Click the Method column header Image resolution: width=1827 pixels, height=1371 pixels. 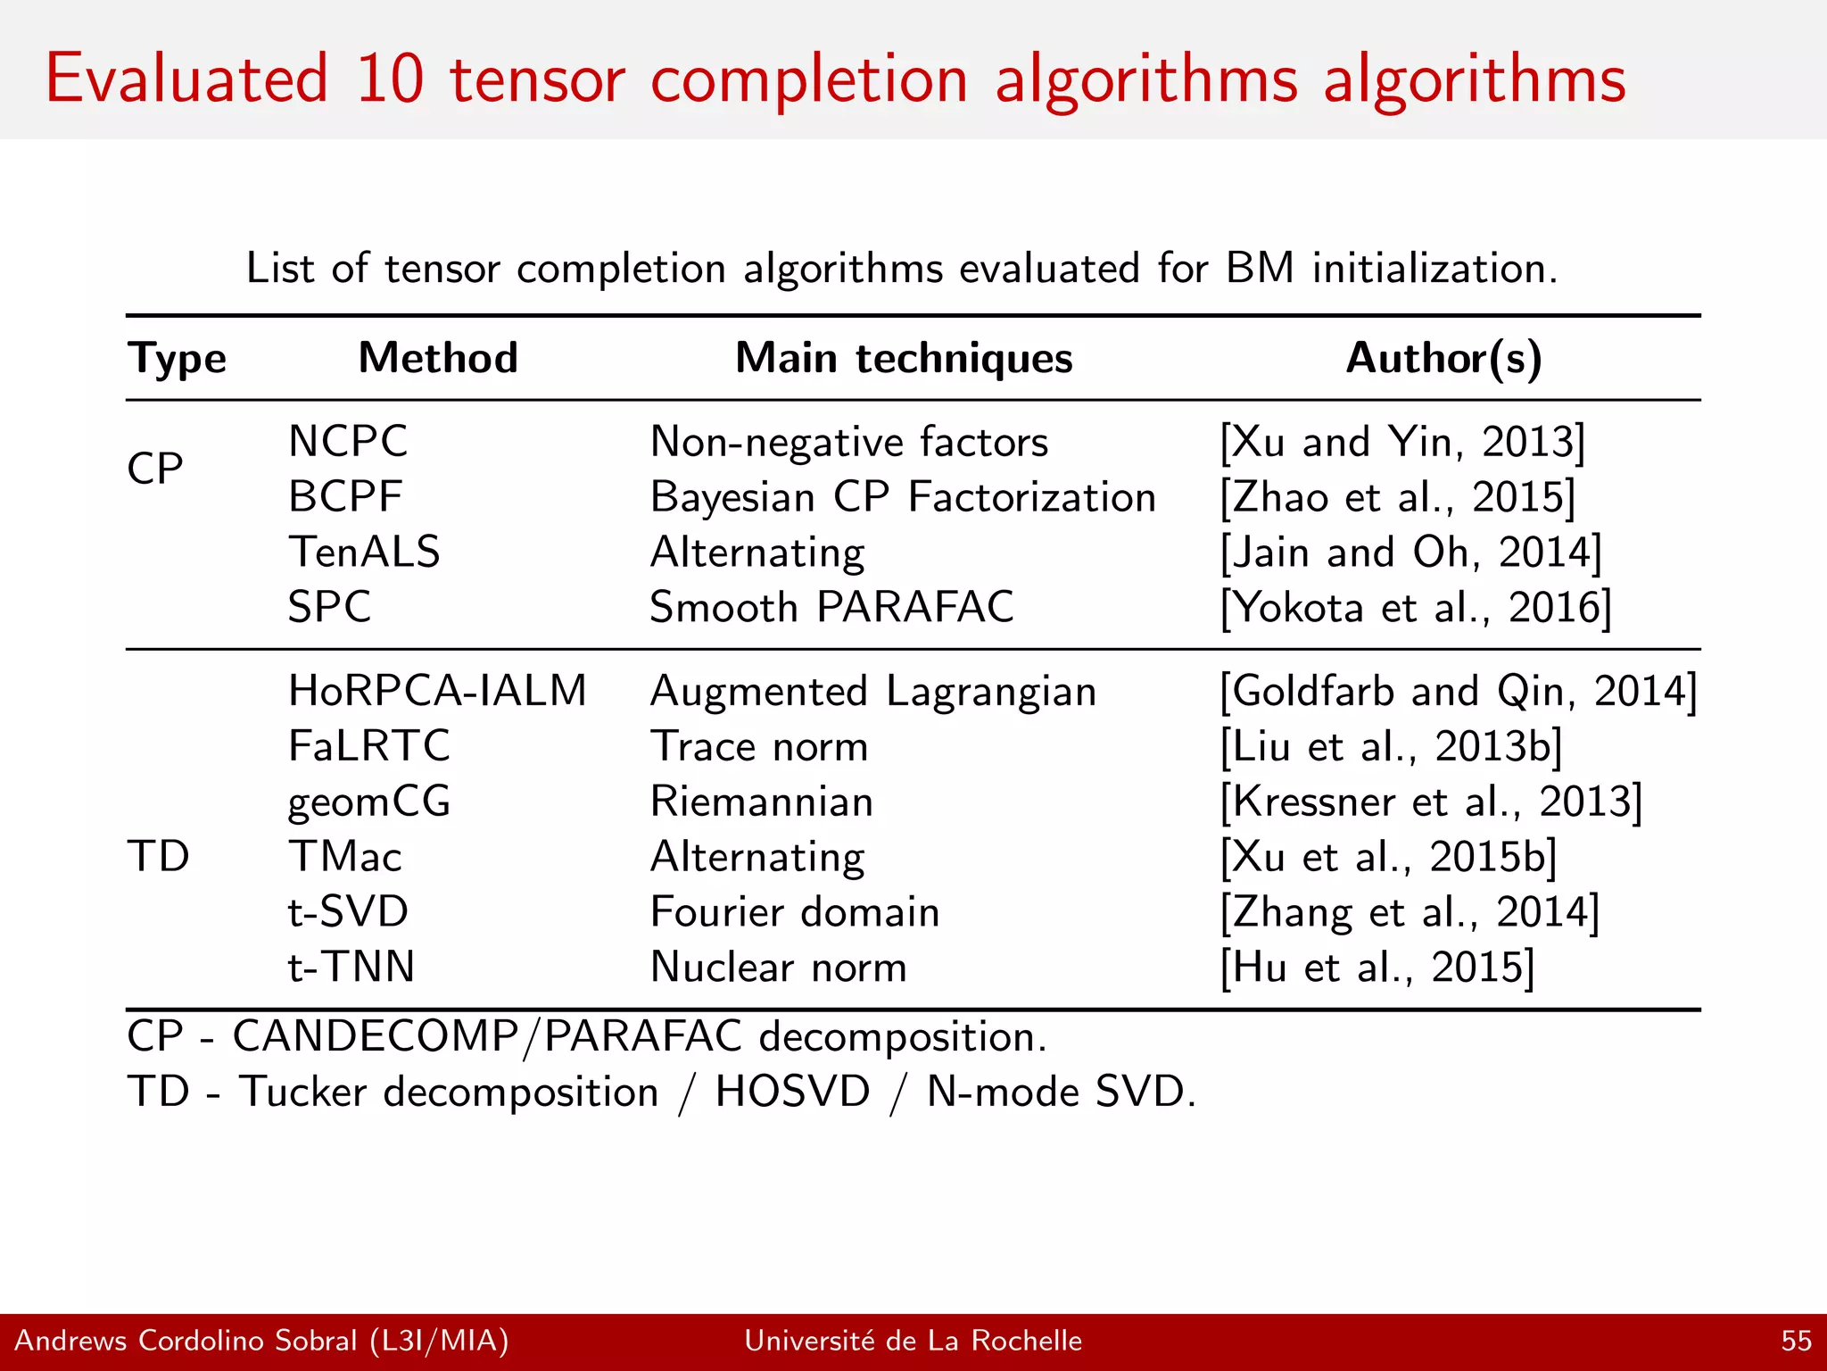point(438,358)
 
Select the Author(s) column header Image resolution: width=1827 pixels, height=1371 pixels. point(1443,358)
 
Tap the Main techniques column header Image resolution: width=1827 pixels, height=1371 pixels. point(904,358)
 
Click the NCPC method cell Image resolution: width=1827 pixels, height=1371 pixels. point(348,441)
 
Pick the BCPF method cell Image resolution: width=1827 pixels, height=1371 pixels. point(345,496)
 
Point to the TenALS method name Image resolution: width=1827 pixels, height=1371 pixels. point(364,552)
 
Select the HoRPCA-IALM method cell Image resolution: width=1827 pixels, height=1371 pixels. point(437,691)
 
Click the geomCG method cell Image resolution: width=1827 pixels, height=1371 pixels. point(368,801)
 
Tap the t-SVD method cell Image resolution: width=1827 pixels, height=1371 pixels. point(348,911)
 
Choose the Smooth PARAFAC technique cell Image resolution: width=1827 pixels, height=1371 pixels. point(831,607)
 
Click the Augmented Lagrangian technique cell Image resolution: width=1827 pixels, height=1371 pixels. point(872,691)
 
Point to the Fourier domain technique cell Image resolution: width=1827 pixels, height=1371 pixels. point(794,911)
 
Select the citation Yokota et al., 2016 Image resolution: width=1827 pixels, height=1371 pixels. point(1416,607)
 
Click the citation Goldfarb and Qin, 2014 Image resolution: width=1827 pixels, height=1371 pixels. point(1458,691)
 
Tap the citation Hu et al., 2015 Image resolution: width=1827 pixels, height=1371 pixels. point(1377,967)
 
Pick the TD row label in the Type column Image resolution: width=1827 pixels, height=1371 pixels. point(158,856)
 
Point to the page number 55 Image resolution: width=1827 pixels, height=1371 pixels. point(1796,1341)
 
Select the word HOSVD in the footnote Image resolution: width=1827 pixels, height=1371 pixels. point(792,1091)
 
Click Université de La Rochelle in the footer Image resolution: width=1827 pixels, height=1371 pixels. point(913,1341)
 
